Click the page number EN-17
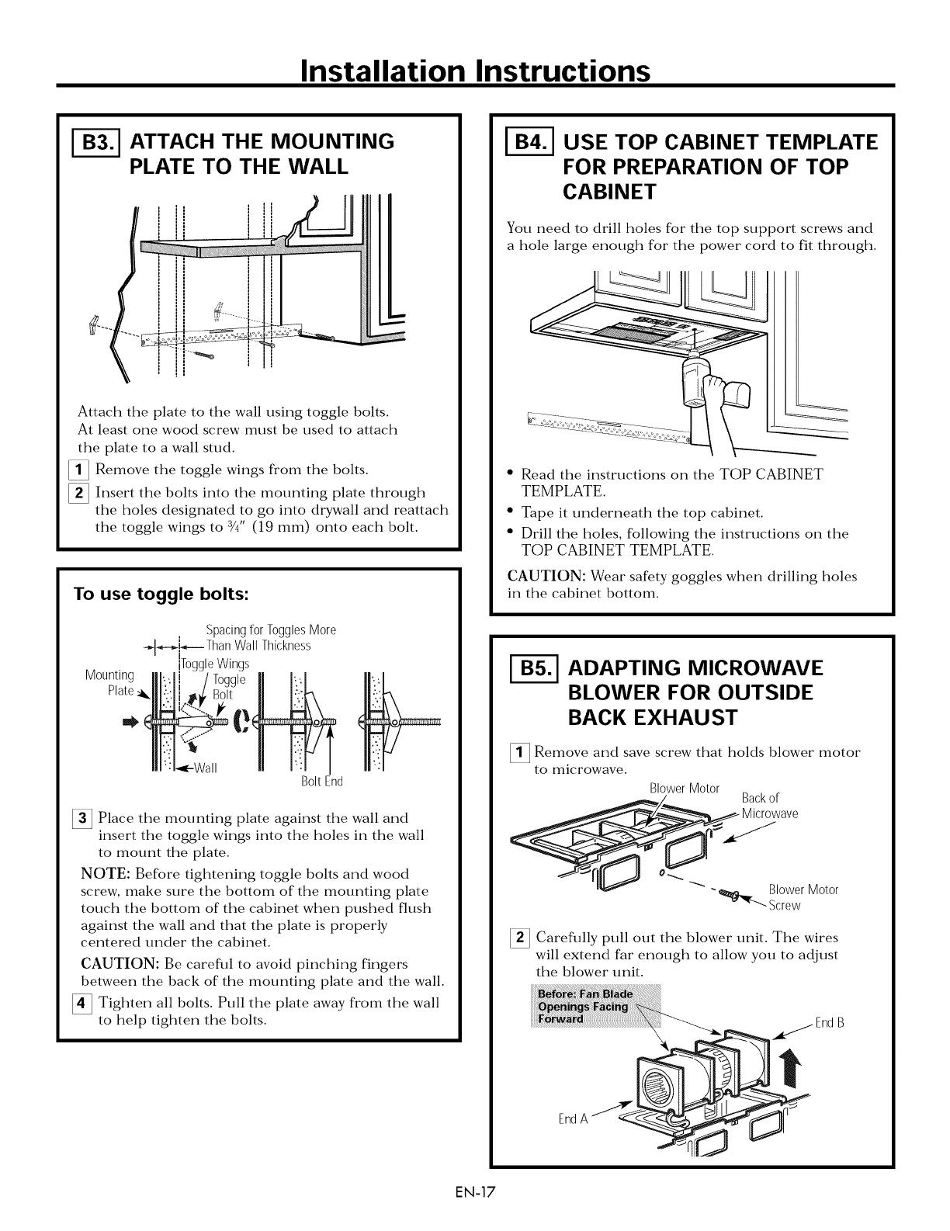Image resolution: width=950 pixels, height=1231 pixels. tap(474, 1210)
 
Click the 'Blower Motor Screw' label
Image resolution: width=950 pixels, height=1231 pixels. tap(802, 897)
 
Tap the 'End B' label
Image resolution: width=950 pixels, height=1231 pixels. tap(829, 1022)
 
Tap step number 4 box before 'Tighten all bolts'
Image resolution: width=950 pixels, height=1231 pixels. tap(87, 1003)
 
